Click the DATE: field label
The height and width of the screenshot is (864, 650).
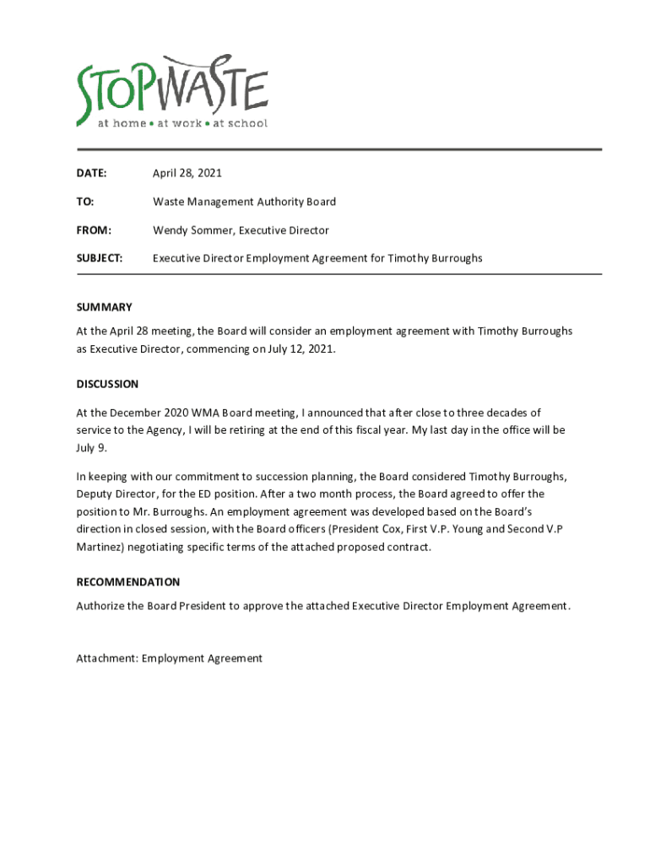(91, 174)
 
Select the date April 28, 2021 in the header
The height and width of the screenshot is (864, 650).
(187, 174)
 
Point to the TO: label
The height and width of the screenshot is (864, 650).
(85, 202)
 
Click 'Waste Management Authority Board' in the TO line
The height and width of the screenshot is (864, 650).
(244, 202)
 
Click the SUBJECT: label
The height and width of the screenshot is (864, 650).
(100, 258)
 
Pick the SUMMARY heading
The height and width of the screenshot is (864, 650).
(104, 307)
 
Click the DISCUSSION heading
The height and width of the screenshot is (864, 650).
(107, 384)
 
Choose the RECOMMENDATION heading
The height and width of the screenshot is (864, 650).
(127, 582)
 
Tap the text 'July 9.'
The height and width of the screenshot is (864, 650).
(91, 447)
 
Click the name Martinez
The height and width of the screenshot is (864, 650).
(100, 547)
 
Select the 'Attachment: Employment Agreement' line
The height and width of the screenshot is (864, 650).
(169, 658)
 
